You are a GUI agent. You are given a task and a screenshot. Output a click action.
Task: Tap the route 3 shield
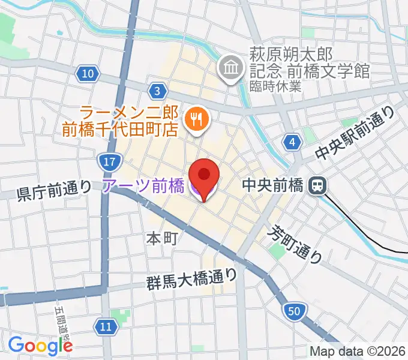(157, 91)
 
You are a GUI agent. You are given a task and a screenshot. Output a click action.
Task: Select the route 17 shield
(108, 161)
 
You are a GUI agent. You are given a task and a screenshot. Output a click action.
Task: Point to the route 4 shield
(292, 142)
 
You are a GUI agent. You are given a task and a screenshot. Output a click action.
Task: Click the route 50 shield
(293, 311)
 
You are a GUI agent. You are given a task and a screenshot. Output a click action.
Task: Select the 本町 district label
(161, 238)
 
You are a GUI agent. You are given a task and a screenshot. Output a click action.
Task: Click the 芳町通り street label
(296, 245)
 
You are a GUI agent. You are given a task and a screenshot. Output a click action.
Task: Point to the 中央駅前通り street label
(355, 134)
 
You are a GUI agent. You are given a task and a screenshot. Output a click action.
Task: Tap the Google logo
(40, 345)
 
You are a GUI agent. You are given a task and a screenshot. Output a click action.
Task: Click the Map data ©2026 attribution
(358, 351)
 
